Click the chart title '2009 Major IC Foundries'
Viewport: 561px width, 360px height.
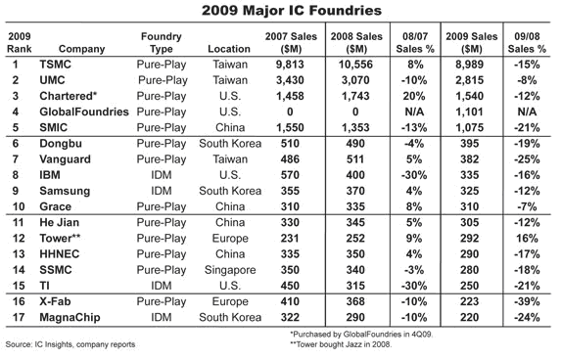coord(291,10)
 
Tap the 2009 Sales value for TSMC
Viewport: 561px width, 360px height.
coord(469,65)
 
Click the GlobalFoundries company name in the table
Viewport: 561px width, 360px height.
coord(84,112)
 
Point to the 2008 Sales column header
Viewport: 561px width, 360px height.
coord(356,42)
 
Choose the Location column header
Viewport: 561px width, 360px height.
coord(229,49)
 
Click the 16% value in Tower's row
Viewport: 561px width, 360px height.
coord(527,238)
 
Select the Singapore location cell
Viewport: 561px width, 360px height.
coord(230,270)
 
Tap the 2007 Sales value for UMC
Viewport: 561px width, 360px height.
coord(290,80)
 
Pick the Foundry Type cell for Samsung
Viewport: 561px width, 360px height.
coord(161,191)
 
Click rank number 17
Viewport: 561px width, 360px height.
coord(19,317)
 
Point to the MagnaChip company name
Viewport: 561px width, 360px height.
coord(70,318)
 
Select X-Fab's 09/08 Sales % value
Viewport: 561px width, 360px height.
coord(527,301)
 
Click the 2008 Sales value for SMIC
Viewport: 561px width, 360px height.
coord(355,127)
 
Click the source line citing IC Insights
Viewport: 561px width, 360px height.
coord(70,344)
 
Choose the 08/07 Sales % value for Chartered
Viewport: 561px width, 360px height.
coord(414,96)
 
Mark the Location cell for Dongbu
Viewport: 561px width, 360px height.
coord(230,144)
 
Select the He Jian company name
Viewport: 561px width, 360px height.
coord(59,222)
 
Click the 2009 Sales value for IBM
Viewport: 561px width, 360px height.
coord(469,175)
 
